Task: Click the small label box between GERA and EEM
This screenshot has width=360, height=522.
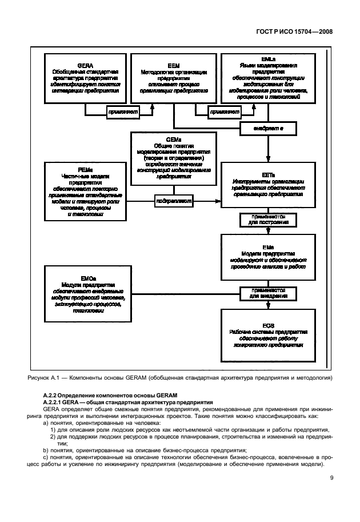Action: click(x=123, y=113)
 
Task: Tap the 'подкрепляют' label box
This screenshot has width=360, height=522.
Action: click(x=174, y=202)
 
